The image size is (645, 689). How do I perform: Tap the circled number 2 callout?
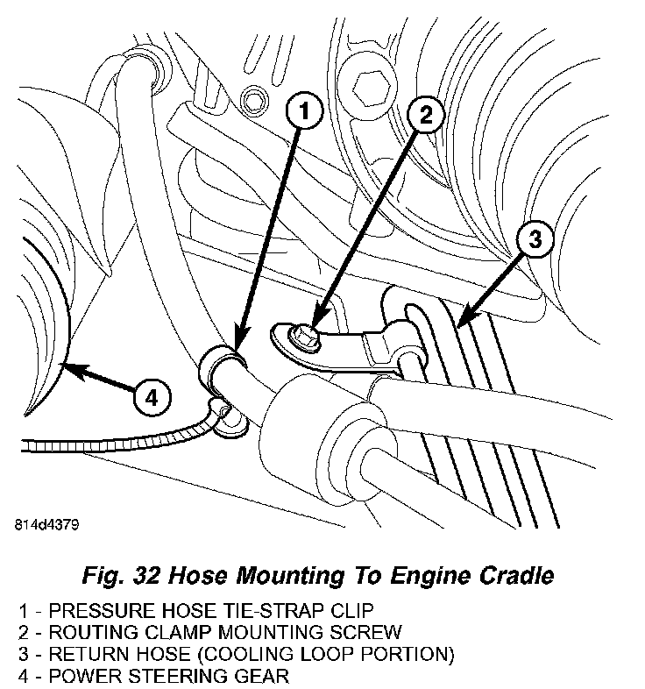[425, 114]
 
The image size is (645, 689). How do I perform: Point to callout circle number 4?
[151, 398]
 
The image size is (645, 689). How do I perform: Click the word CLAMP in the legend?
[168, 632]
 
